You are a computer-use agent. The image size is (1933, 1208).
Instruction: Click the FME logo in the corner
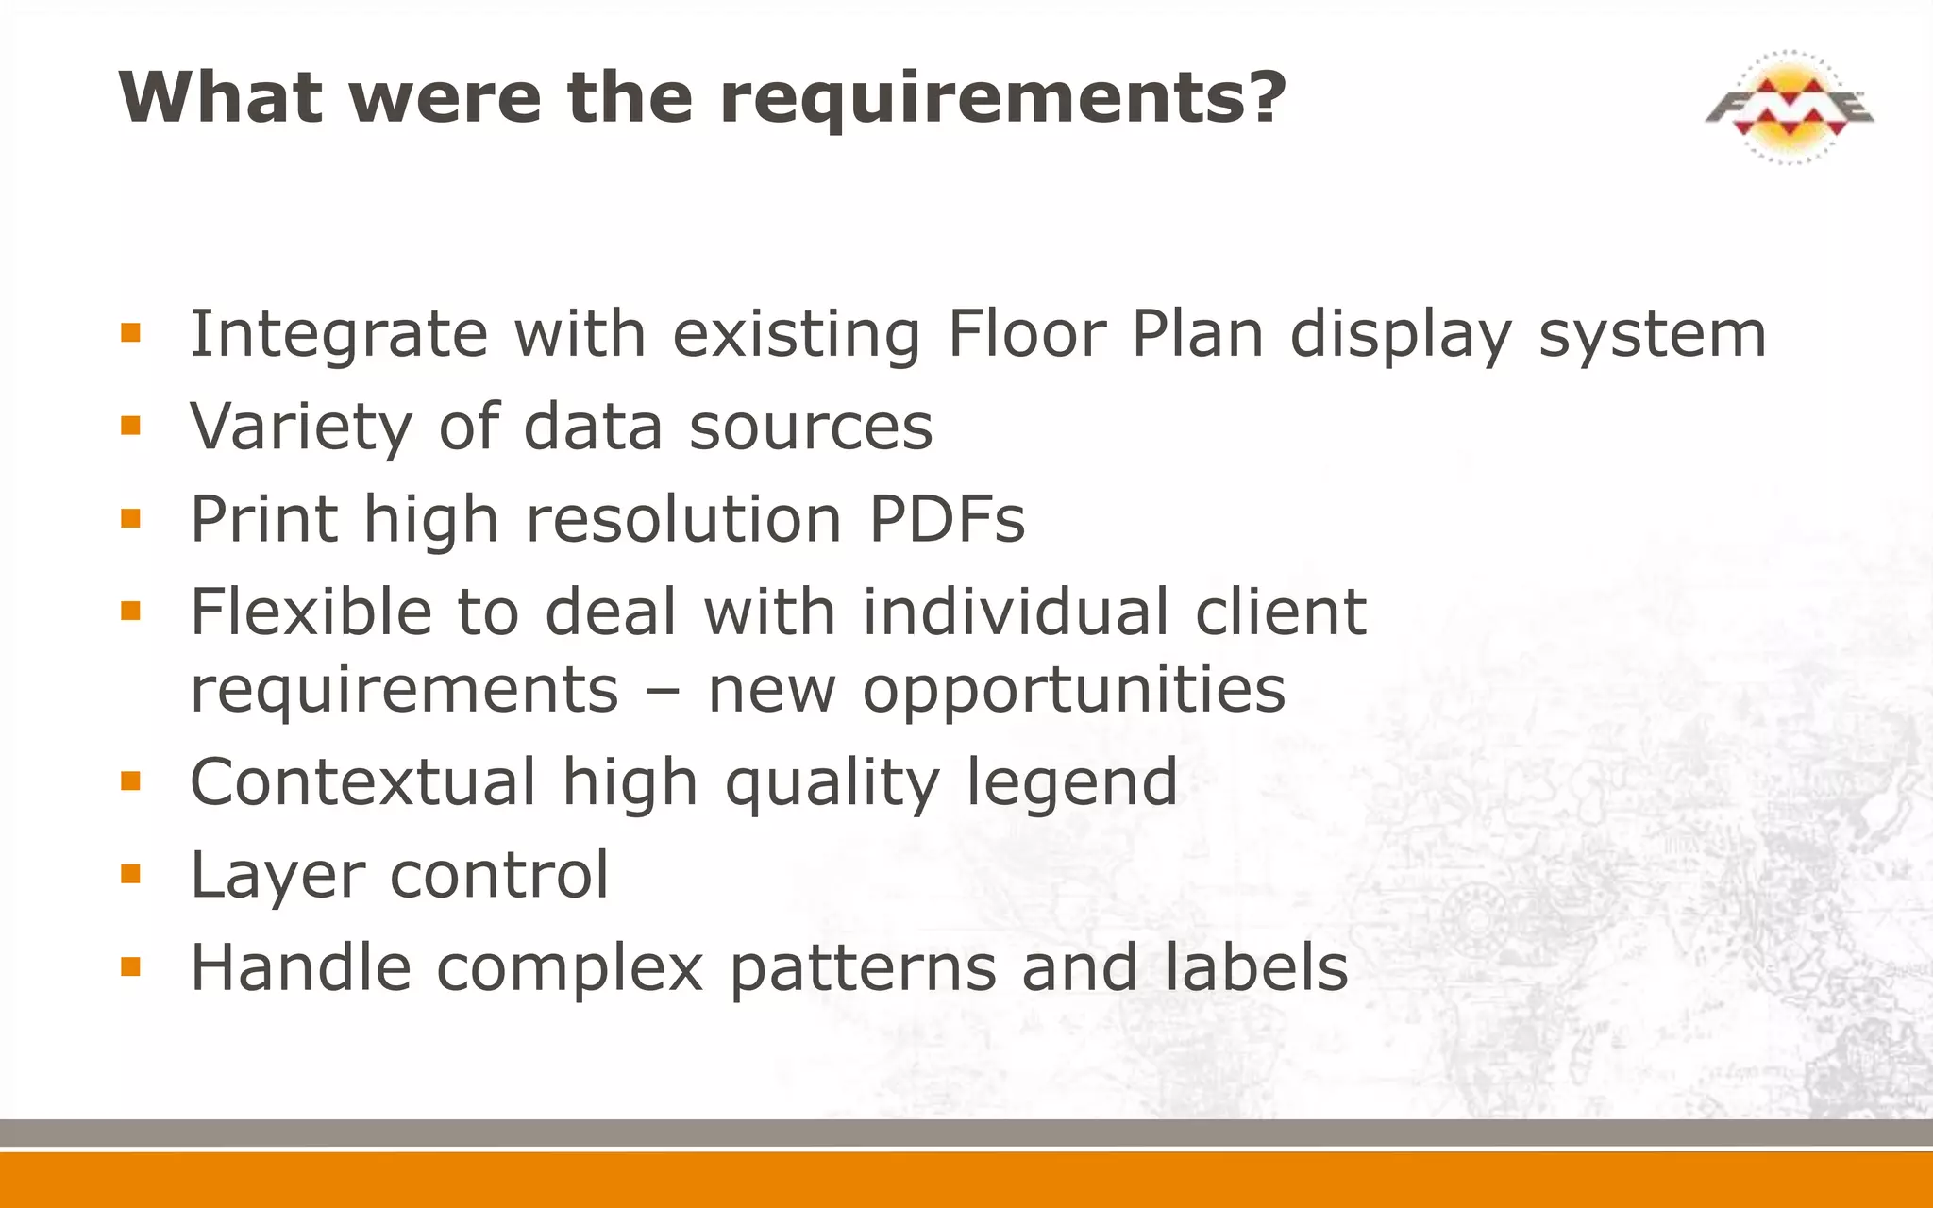[1790, 108]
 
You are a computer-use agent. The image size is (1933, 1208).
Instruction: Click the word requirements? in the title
[1002, 98]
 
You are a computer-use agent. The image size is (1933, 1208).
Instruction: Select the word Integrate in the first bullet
[339, 335]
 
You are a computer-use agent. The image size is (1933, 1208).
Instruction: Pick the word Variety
[301, 428]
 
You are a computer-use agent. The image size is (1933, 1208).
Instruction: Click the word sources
[811, 428]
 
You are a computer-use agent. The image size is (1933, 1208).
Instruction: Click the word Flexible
[309, 612]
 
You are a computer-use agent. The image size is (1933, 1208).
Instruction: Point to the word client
[1281, 612]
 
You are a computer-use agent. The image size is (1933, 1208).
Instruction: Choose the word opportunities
[1073, 691]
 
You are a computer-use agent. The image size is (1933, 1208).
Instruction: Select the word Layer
[277, 876]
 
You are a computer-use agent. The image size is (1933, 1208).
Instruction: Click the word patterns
[863, 969]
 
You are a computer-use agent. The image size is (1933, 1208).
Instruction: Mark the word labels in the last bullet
[1255, 967]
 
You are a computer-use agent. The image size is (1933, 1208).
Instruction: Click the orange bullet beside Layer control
[130, 875]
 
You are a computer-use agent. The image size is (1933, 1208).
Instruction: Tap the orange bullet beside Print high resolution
[130, 518]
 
